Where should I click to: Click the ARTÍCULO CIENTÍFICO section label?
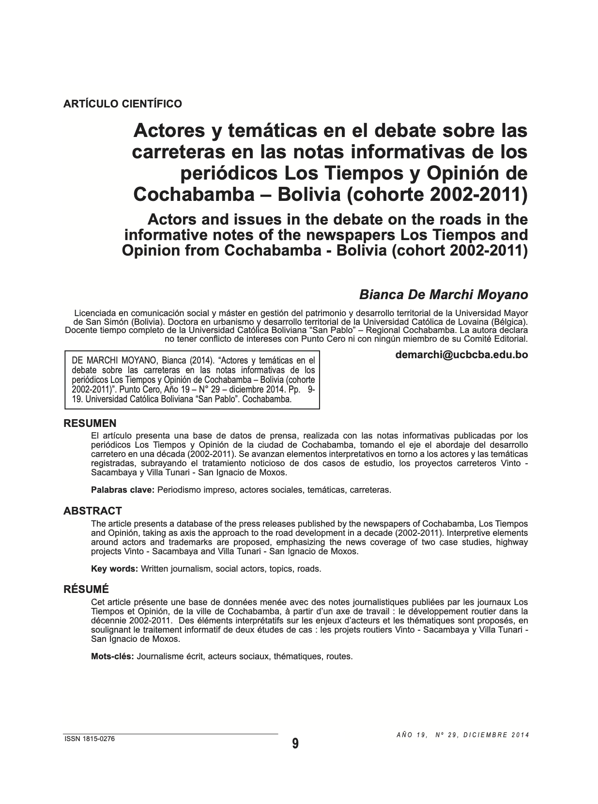coord(123,104)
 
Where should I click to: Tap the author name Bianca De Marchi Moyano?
coord(443,294)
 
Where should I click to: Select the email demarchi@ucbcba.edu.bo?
coord(461,354)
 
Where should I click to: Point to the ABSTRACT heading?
coord(92,511)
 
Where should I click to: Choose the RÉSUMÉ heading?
coord(87,589)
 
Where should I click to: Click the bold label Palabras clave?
coord(123,489)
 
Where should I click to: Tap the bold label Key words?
coord(114,568)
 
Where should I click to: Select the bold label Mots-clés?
coord(112,656)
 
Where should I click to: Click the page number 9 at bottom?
coord(295,743)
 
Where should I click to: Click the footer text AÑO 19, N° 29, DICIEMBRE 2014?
coord(462,734)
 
